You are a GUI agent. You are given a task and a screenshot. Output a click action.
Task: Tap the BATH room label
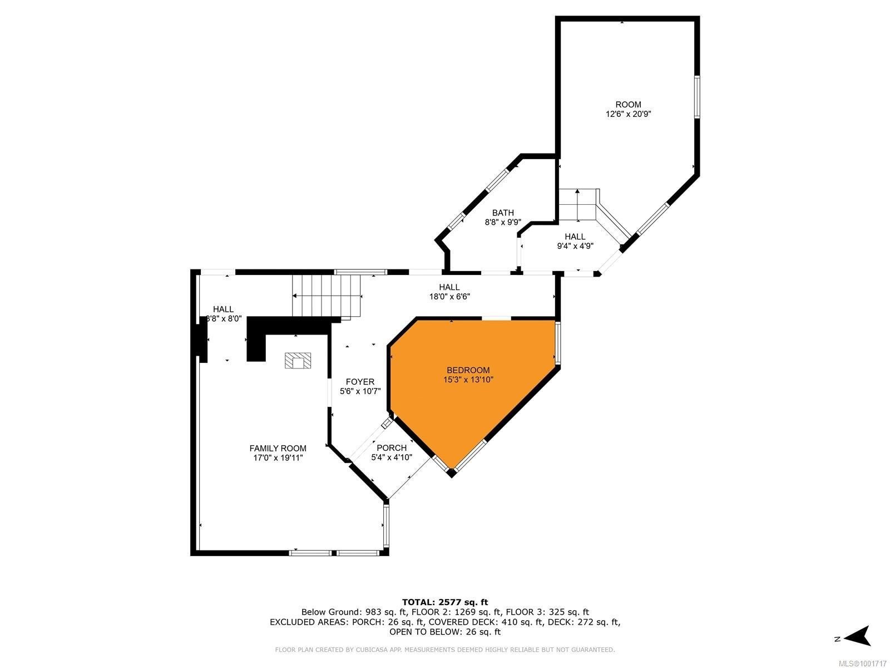coord(503,213)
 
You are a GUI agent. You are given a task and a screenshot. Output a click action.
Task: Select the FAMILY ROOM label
coord(278,448)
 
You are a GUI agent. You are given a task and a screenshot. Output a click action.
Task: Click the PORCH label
coord(392,448)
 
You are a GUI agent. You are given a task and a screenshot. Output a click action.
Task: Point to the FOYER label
coord(360,382)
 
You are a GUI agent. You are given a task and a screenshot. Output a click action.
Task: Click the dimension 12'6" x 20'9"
coord(628,114)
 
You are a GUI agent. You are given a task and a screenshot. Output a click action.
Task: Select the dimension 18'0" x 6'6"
coord(449,297)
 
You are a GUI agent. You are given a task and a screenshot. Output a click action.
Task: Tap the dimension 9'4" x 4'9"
coord(575,246)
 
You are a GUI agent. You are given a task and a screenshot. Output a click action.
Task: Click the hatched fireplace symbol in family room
coord(298,361)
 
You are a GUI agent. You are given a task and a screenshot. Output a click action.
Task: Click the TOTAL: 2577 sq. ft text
coord(444,602)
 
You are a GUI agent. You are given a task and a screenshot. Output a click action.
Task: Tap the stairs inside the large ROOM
coord(578,204)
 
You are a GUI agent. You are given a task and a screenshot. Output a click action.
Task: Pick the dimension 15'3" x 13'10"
coord(468,380)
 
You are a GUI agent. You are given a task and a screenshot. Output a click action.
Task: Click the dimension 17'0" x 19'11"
coord(278,458)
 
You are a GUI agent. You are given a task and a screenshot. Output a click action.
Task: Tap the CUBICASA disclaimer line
coord(444,650)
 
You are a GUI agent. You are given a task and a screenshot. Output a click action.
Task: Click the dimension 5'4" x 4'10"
coord(392,457)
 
